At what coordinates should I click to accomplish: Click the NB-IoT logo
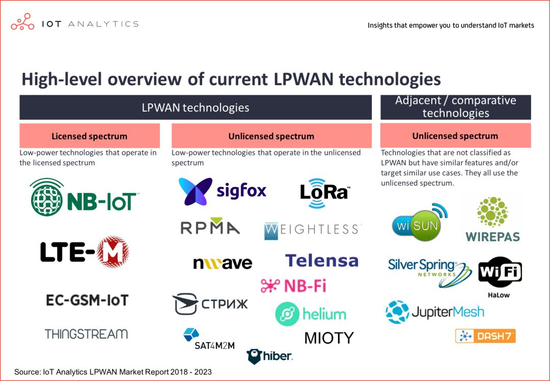[85, 198]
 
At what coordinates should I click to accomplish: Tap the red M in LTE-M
[113, 252]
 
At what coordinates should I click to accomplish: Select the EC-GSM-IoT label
[87, 300]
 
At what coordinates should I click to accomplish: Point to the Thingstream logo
[86, 334]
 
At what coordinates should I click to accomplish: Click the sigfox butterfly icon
[196, 192]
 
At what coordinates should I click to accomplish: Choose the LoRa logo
[324, 193]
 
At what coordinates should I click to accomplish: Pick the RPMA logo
[210, 227]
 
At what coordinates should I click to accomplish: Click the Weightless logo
[313, 230]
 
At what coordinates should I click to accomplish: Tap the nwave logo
[223, 263]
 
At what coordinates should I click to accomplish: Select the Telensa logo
[321, 261]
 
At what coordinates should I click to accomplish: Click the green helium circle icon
[287, 314]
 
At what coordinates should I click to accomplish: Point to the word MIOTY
[328, 338]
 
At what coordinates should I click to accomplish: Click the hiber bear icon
[255, 357]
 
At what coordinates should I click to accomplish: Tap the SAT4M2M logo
[208, 340]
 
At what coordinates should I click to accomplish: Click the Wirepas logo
[492, 220]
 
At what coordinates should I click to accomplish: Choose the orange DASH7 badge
[485, 336]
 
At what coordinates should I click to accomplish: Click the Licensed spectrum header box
[90, 136]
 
